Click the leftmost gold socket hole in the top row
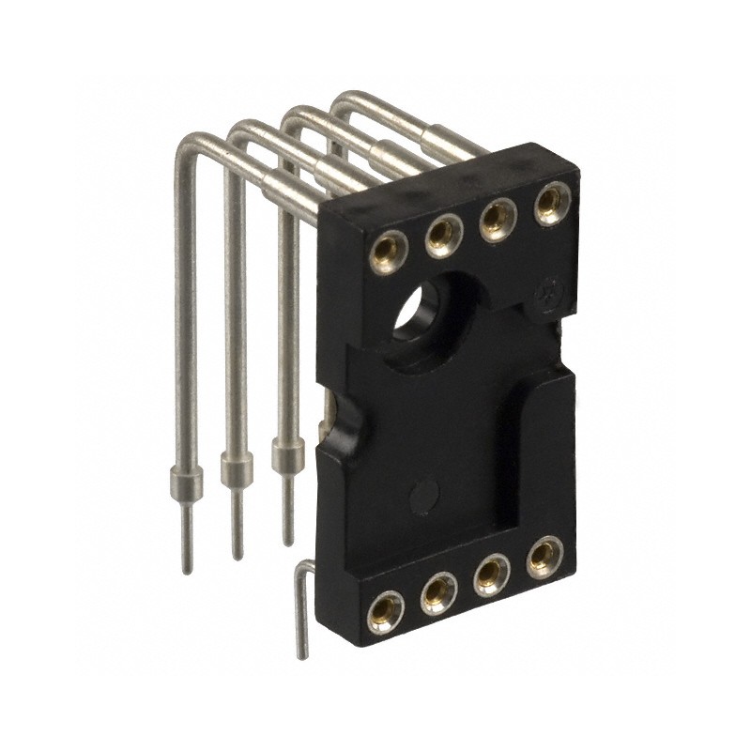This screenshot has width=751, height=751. point(385,250)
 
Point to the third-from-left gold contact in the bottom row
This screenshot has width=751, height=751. point(490,573)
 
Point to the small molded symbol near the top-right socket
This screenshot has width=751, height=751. point(548,294)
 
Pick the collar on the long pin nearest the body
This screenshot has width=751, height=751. point(286,456)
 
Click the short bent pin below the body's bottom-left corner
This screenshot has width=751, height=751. point(303,610)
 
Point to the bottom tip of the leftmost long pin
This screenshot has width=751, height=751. point(188,571)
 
